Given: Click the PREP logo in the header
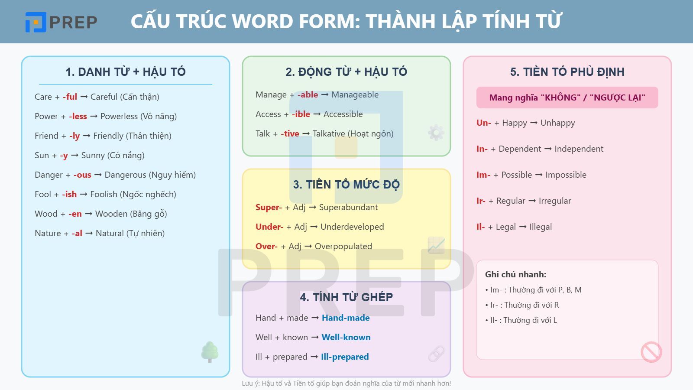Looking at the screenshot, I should pos(61,22).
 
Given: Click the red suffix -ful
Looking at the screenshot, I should pos(70,97).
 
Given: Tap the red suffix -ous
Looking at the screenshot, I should pos(82,175).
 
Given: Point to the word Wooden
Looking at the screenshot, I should pos(111,214).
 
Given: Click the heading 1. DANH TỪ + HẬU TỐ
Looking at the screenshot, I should pos(125,71).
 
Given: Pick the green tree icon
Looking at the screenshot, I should pos(210,351).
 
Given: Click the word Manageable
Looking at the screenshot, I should pos(355,94).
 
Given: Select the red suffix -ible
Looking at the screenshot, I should pos(301,114).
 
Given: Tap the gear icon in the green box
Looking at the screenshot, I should pos(436,132).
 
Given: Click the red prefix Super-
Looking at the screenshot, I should pos(269,207).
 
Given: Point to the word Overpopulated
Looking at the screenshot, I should pos(343,246).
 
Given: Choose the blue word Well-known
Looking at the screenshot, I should pos(346,337).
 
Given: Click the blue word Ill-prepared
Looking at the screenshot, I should pos(345,357).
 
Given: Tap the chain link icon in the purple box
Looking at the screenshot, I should pos(436,354).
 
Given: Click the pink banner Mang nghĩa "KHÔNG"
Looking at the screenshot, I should pos(567,97).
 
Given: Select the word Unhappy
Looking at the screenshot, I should pos(557,123).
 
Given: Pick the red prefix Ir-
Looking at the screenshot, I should pos(481,201).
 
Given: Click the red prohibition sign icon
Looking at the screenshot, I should pos(651,352).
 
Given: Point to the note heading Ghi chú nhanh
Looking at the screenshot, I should pos(515,274).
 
